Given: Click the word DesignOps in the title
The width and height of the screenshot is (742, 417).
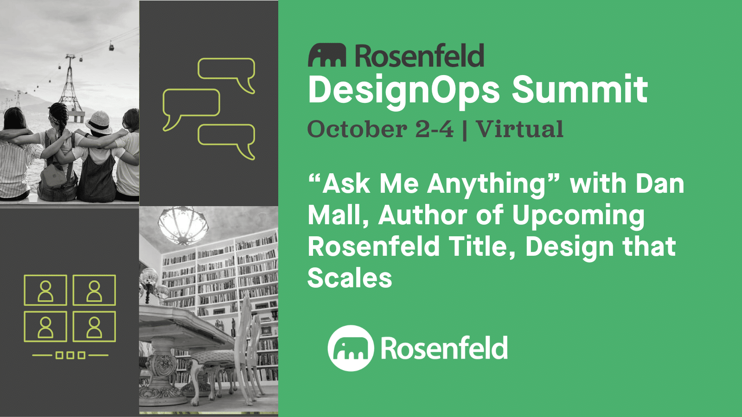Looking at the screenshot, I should [x=404, y=90].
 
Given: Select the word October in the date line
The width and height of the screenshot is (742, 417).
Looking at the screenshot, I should [x=357, y=129].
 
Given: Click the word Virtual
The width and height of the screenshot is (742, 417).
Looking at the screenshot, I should [x=519, y=129].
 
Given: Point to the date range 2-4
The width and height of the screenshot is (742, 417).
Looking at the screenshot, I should [x=434, y=129].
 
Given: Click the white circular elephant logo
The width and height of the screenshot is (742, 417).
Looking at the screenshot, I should [x=351, y=348].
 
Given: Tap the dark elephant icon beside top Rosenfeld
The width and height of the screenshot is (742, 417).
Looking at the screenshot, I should [x=327, y=56].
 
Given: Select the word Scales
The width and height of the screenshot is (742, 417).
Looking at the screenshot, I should [x=350, y=278].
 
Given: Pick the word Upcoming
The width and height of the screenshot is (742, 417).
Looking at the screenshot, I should [x=578, y=216].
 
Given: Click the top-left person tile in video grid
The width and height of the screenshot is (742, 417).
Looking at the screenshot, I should [x=45, y=290].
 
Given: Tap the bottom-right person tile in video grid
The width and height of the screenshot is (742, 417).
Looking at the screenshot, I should [x=94, y=327].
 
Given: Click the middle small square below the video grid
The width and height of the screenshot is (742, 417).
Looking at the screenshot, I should [x=70, y=355].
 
